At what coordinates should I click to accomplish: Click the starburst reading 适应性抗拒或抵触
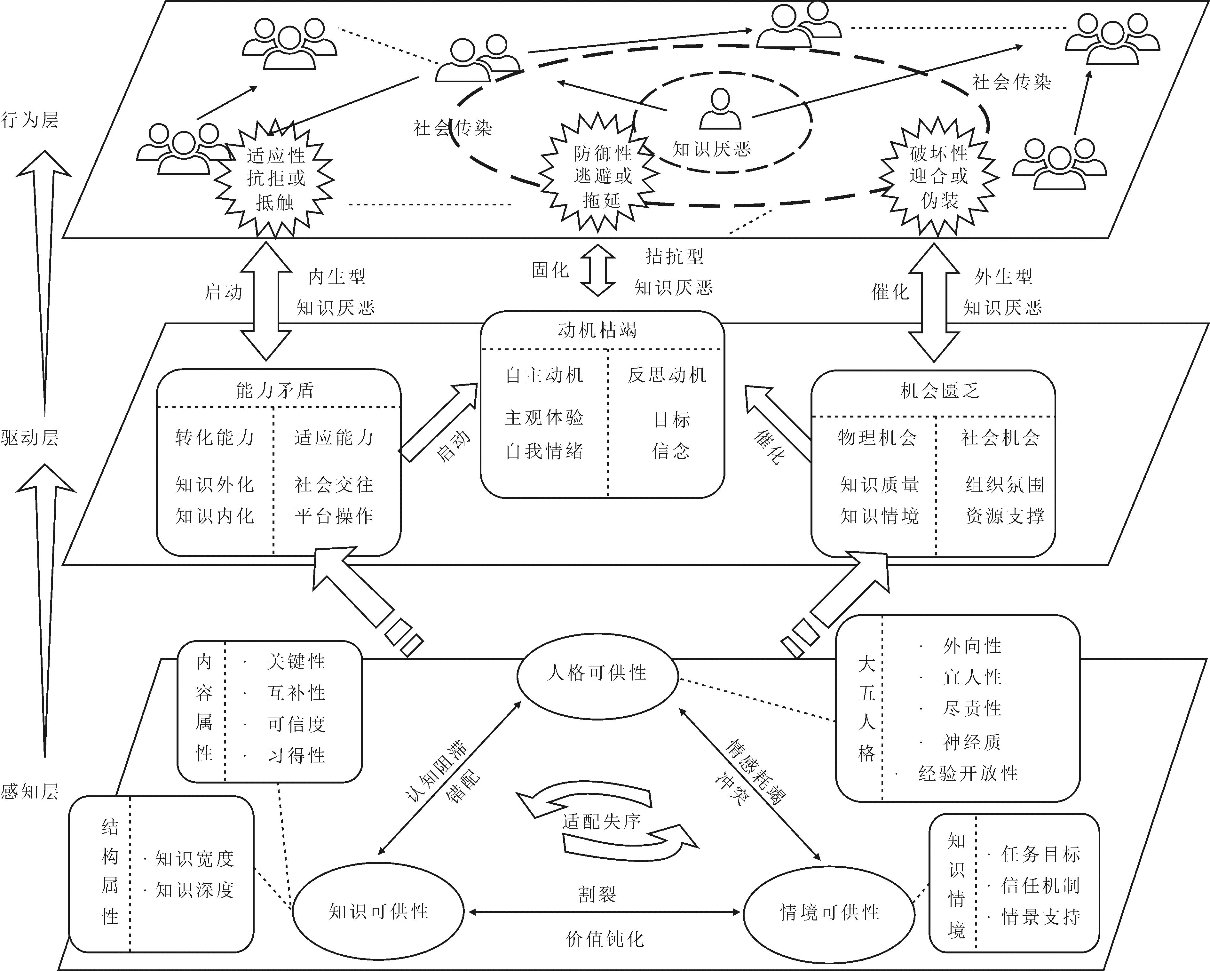[x=275, y=179]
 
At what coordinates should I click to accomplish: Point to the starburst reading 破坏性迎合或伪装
[x=939, y=176]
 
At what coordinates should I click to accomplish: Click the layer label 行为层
[x=30, y=120]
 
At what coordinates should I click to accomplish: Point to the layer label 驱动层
[x=30, y=438]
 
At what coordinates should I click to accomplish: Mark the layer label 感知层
[x=30, y=792]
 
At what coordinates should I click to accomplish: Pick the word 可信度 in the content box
[x=296, y=724]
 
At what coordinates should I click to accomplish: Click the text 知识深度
[x=194, y=890]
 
